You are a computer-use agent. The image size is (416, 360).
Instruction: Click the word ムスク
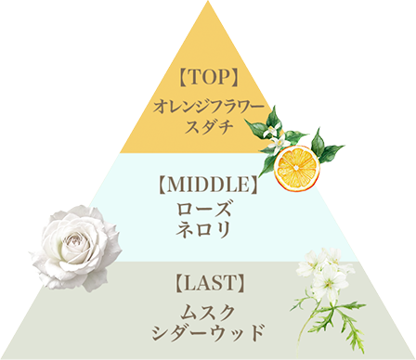209,309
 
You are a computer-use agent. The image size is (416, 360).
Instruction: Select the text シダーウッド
209,331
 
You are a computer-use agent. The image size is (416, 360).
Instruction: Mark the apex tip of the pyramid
208,4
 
